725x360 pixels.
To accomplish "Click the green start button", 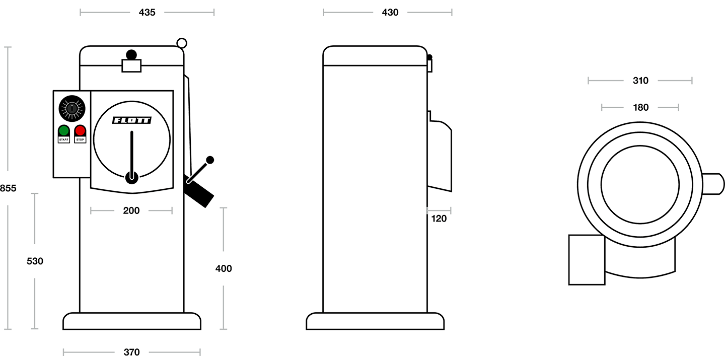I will pos(64,131).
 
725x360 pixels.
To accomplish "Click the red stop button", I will pos(80,131).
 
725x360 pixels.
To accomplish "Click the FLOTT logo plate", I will pos(131,121).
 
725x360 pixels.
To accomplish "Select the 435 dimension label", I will pos(147,13).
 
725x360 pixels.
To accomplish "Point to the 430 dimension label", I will pos(390,13).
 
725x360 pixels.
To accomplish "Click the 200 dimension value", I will pos(131,210).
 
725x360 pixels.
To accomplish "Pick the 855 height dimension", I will pos(8,188).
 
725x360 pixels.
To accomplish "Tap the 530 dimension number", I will pos(35,261).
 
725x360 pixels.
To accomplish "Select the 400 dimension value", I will pos(224,269).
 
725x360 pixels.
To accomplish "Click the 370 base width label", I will pos(131,351).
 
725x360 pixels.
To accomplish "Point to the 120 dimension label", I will pos(439,218).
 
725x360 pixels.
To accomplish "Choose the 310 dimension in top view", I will pos(640,80).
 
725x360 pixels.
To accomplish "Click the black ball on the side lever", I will pos(210,160).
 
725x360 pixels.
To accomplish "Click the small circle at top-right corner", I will pos(182,44).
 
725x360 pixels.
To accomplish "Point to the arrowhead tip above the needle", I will pos(131,129).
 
